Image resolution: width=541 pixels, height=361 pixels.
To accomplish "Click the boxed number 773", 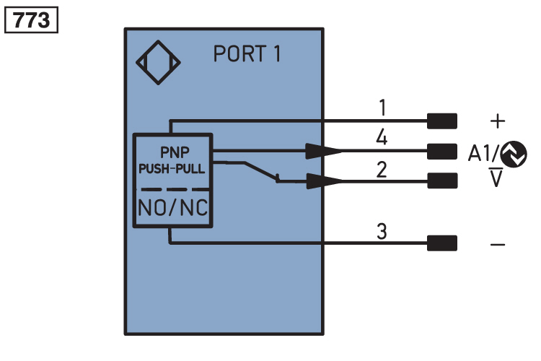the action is (32, 20).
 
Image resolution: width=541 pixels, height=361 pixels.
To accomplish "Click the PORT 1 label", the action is (247, 53).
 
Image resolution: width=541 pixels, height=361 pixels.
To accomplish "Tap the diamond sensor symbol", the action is (159, 63).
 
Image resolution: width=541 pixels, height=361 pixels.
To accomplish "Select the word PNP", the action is (175, 152).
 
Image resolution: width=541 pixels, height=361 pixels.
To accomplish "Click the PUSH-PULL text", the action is (172, 169).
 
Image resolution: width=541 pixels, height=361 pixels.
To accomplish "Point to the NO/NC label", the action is (173, 208).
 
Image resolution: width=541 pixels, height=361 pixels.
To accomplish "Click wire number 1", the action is (382, 108).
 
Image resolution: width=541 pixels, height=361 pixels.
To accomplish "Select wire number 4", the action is (382, 137).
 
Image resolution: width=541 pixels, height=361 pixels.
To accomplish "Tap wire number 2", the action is (382, 170).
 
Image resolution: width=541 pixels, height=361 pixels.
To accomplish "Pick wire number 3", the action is (382, 231).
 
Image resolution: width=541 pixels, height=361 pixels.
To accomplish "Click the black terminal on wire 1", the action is (442, 121).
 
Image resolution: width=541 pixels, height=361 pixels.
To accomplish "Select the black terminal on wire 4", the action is (442, 152).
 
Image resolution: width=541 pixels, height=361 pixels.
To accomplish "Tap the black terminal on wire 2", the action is (442, 180).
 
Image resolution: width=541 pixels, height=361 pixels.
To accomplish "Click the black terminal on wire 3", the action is (442, 243).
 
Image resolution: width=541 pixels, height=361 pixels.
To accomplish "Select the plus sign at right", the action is (498, 121).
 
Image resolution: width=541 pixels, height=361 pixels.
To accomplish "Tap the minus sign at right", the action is (498, 245).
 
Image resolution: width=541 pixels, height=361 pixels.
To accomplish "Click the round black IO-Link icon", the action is (514, 154).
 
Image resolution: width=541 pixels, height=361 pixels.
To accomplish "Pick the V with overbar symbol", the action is (496, 178).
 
